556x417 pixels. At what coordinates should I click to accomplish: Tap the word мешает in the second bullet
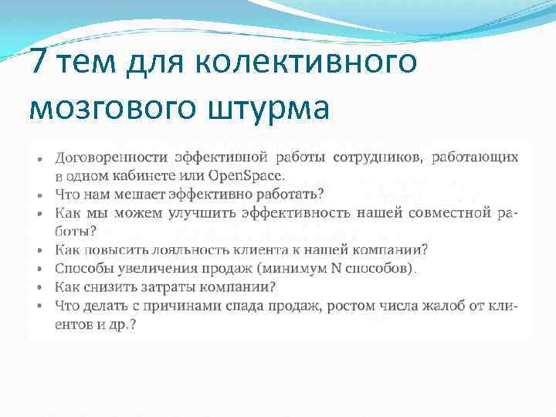147,192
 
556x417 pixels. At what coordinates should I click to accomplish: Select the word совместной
450,212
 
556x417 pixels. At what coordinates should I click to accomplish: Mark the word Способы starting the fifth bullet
82,269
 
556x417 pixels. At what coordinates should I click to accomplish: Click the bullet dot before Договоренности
39,158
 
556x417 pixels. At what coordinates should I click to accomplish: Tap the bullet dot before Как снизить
39,287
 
